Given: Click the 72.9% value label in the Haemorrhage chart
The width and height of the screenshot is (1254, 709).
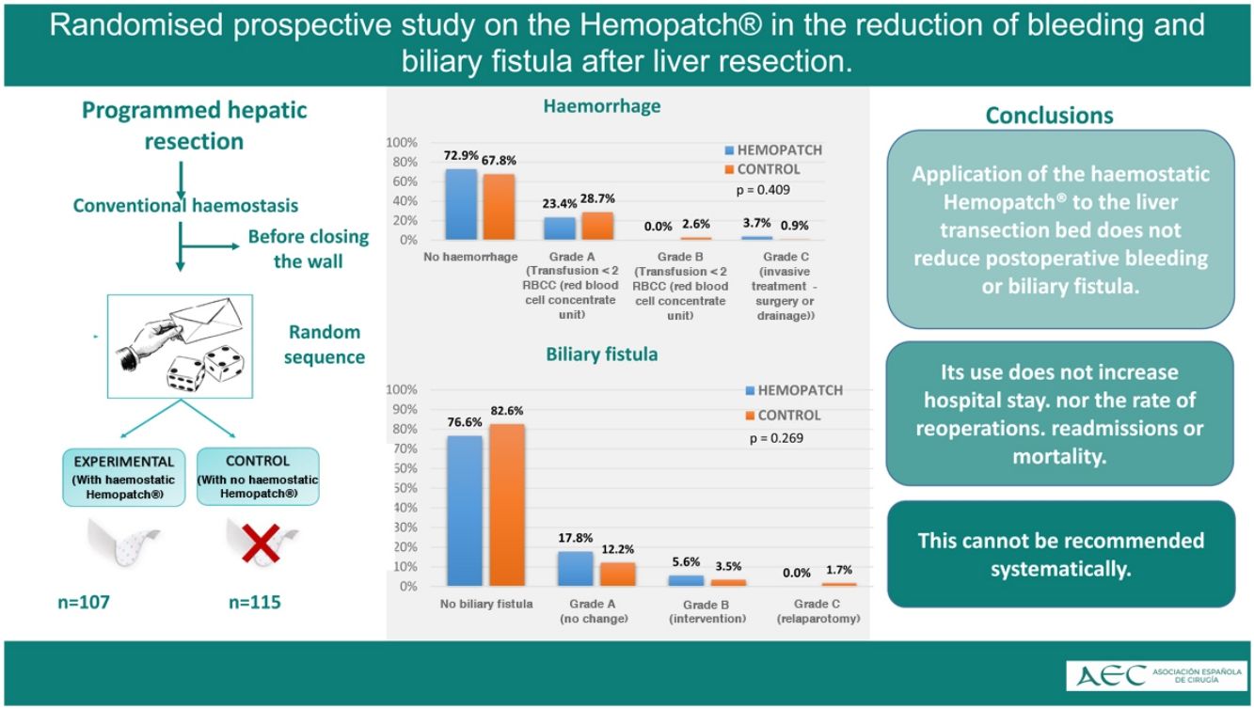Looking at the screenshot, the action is [x=461, y=155].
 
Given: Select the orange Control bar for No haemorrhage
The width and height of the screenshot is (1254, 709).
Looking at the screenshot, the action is [x=499, y=207].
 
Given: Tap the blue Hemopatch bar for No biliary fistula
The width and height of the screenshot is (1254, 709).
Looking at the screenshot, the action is [x=465, y=511].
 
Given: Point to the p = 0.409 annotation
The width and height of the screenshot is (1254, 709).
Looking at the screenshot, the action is [x=763, y=190].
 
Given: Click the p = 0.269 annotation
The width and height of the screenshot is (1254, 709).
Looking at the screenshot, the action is [x=776, y=438].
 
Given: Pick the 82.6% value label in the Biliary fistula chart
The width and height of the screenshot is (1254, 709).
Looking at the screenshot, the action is [x=507, y=411].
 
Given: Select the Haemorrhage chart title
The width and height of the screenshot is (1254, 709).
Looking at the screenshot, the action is [x=602, y=105].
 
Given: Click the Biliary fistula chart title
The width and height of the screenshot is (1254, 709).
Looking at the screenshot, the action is [x=602, y=354].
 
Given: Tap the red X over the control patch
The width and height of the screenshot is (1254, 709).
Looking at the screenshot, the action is [x=261, y=543].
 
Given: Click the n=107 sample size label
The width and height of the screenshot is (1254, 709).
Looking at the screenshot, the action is [x=84, y=602].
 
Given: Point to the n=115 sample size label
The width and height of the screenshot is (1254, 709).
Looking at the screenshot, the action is [x=255, y=602].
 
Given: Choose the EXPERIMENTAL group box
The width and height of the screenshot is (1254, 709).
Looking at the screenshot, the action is [x=124, y=478].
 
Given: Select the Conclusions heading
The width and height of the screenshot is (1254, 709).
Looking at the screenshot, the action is [x=1050, y=116].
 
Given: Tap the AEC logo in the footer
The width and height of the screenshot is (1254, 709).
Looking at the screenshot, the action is [x=1157, y=676].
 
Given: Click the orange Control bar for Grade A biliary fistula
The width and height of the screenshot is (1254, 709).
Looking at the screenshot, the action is [x=618, y=575].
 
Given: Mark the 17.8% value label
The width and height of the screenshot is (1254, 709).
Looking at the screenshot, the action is [x=576, y=538].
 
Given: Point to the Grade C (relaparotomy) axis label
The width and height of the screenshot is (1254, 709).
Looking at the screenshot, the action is [x=817, y=611].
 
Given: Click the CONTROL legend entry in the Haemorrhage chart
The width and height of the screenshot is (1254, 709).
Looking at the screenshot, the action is [x=763, y=169].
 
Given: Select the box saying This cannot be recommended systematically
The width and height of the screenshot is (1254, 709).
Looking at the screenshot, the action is [x=1061, y=554].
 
